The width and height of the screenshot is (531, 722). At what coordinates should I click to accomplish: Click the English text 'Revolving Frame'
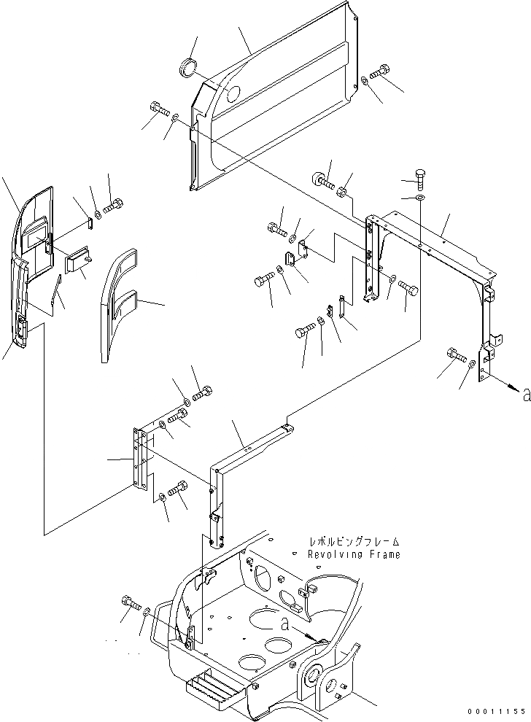354,555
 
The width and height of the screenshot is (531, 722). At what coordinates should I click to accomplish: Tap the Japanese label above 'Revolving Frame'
354,542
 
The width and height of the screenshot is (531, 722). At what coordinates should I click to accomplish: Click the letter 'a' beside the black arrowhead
525,396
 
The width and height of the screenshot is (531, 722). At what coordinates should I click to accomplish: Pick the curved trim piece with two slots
117,303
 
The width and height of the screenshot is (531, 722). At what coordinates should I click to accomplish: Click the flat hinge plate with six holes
140,459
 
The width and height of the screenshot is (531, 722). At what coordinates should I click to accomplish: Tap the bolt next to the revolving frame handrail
130,603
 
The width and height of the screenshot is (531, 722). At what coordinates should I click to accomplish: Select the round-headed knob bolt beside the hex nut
322,179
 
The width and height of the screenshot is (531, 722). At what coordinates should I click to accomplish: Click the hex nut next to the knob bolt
341,192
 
